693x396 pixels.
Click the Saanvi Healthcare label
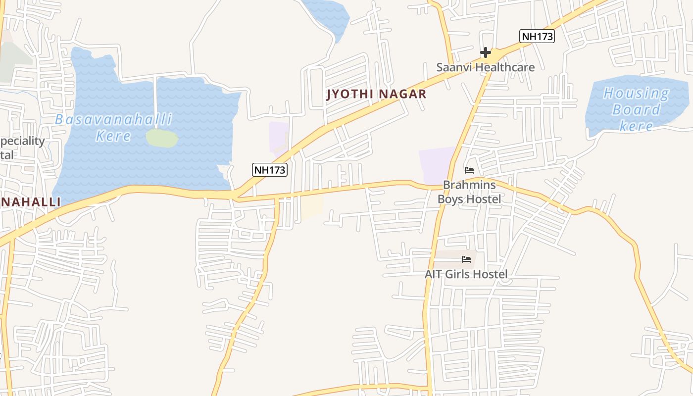pyautogui.click(x=485, y=67)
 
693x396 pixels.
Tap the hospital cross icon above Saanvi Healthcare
pyautogui.click(x=485, y=52)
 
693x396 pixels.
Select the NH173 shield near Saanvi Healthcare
pyautogui.click(x=537, y=36)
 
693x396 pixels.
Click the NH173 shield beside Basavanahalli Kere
pyautogui.click(x=270, y=170)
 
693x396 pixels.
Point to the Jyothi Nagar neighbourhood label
pyautogui.click(x=376, y=94)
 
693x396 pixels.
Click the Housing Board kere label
pyautogui.click(x=636, y=109)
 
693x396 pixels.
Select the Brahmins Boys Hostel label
pyautogui.click(x=469, y=192)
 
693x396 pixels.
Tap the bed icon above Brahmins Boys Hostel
pyautogui.click(x=469, y=170)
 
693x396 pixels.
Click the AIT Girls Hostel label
pyautogui.click(x=466, y=274)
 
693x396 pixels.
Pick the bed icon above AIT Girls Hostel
pyautogui.click(x=466, y=259)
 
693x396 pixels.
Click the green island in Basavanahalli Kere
pyautogui.click(x=162, y=138)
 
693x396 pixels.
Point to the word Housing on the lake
pyautogui.click(x=636, y=93)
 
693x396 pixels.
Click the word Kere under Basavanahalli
pyautogui.click(x=113, y=136)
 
